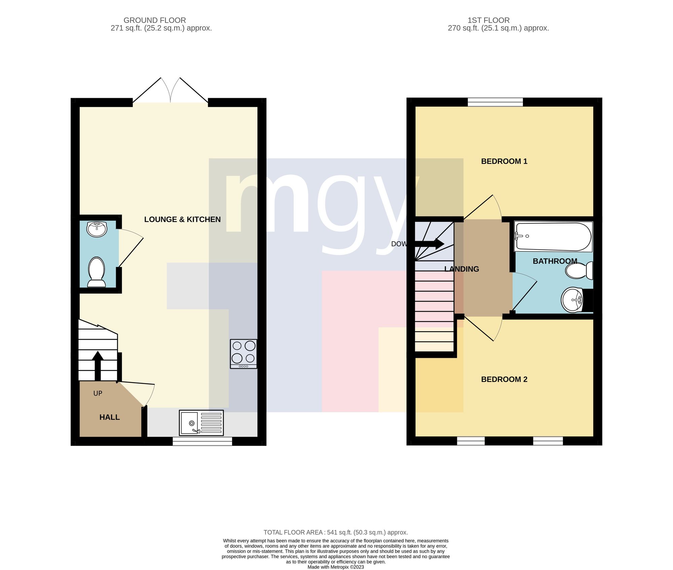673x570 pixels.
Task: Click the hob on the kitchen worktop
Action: tap(244, 354)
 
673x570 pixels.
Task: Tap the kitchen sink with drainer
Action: tap(201, 423)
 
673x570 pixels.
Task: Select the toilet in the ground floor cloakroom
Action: tap(97, 272)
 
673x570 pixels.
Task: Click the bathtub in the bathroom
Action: tap(553, 236)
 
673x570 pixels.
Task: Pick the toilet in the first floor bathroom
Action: tap(579, 271)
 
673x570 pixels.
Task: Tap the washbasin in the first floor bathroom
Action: tap(574, 300)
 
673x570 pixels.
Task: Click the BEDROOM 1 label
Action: tap(504, 161)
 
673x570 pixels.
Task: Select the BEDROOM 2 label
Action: tap(504, 379)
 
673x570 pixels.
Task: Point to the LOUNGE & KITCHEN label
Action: tap(182, 219)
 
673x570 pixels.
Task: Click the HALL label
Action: tap(110, 417)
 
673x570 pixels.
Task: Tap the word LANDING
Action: tap(462, 269)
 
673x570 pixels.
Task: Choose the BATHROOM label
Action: tap(555, 261)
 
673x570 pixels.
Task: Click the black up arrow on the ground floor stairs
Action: tap(98, 366)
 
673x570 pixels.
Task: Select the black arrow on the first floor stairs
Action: tap(429, 244)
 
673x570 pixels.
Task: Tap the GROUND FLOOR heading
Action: tap(155, 20)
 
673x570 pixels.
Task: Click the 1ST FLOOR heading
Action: tap(489, 20)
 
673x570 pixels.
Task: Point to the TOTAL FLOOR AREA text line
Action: tap(336, 532)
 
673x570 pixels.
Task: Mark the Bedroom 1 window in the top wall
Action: tap(495, 102)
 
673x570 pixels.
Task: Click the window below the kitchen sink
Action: tap(202, 441)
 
